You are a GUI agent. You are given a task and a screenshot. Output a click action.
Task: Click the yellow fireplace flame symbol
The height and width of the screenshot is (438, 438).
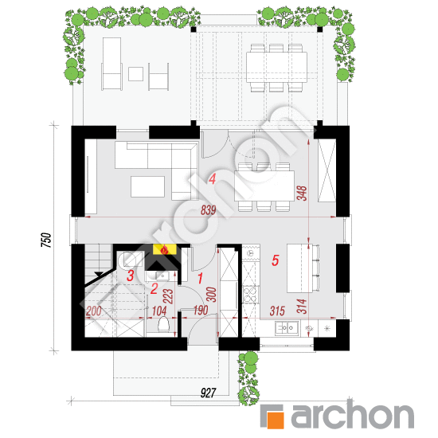click(165, 249)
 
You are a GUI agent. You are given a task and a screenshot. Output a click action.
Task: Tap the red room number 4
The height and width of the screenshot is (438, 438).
click(213, 178)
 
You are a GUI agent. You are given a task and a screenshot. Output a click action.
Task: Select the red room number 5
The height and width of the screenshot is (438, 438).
click(276, 260)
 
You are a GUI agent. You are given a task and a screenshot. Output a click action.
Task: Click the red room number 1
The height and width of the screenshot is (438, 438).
click(200, 279)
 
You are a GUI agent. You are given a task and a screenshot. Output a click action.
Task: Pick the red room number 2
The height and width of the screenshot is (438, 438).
click(154, 288)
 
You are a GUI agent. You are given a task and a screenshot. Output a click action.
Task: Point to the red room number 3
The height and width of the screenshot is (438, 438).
click(130, 276)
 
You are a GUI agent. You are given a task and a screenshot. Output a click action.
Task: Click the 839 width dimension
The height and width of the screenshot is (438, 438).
click(209, 210)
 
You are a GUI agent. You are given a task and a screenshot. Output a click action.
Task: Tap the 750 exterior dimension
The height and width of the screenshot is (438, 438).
click(46, 240)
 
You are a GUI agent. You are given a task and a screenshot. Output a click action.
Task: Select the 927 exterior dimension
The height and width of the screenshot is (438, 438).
click(209, 393)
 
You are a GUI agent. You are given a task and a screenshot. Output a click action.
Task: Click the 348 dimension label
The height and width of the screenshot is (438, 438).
click(302, 194)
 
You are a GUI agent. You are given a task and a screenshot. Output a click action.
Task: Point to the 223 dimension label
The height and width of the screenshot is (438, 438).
click(168, 296)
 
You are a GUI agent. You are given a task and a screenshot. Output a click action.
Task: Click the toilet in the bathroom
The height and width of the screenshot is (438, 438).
click(162, 324)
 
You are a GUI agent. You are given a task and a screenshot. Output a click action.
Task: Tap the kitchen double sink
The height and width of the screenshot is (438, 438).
click(287, 327)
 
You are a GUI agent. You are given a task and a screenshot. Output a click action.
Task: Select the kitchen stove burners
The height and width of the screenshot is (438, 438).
click(250, 295)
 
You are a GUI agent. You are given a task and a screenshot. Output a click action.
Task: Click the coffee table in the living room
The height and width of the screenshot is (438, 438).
click(147, 186)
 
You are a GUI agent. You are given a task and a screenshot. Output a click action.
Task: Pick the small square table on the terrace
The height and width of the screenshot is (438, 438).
click(135, 74)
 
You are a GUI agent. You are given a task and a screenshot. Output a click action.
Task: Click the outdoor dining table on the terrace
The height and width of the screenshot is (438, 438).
click(276, 68)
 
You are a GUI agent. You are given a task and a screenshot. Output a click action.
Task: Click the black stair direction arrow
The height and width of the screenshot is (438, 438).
click(98, 274)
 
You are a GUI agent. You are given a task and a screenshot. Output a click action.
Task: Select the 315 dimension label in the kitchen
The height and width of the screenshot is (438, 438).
click(277, 311)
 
